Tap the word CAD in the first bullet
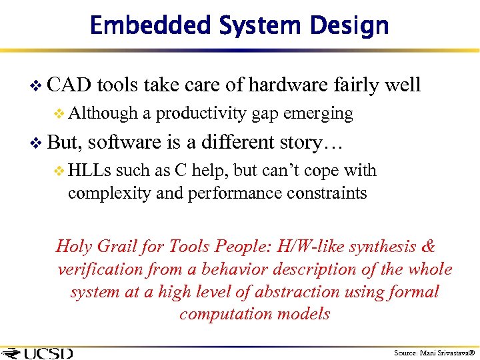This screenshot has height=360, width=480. click(x=70, y=85)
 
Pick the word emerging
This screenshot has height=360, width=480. click(x=318, y=114)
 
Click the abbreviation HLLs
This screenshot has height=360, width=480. click(x=90, y=171)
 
